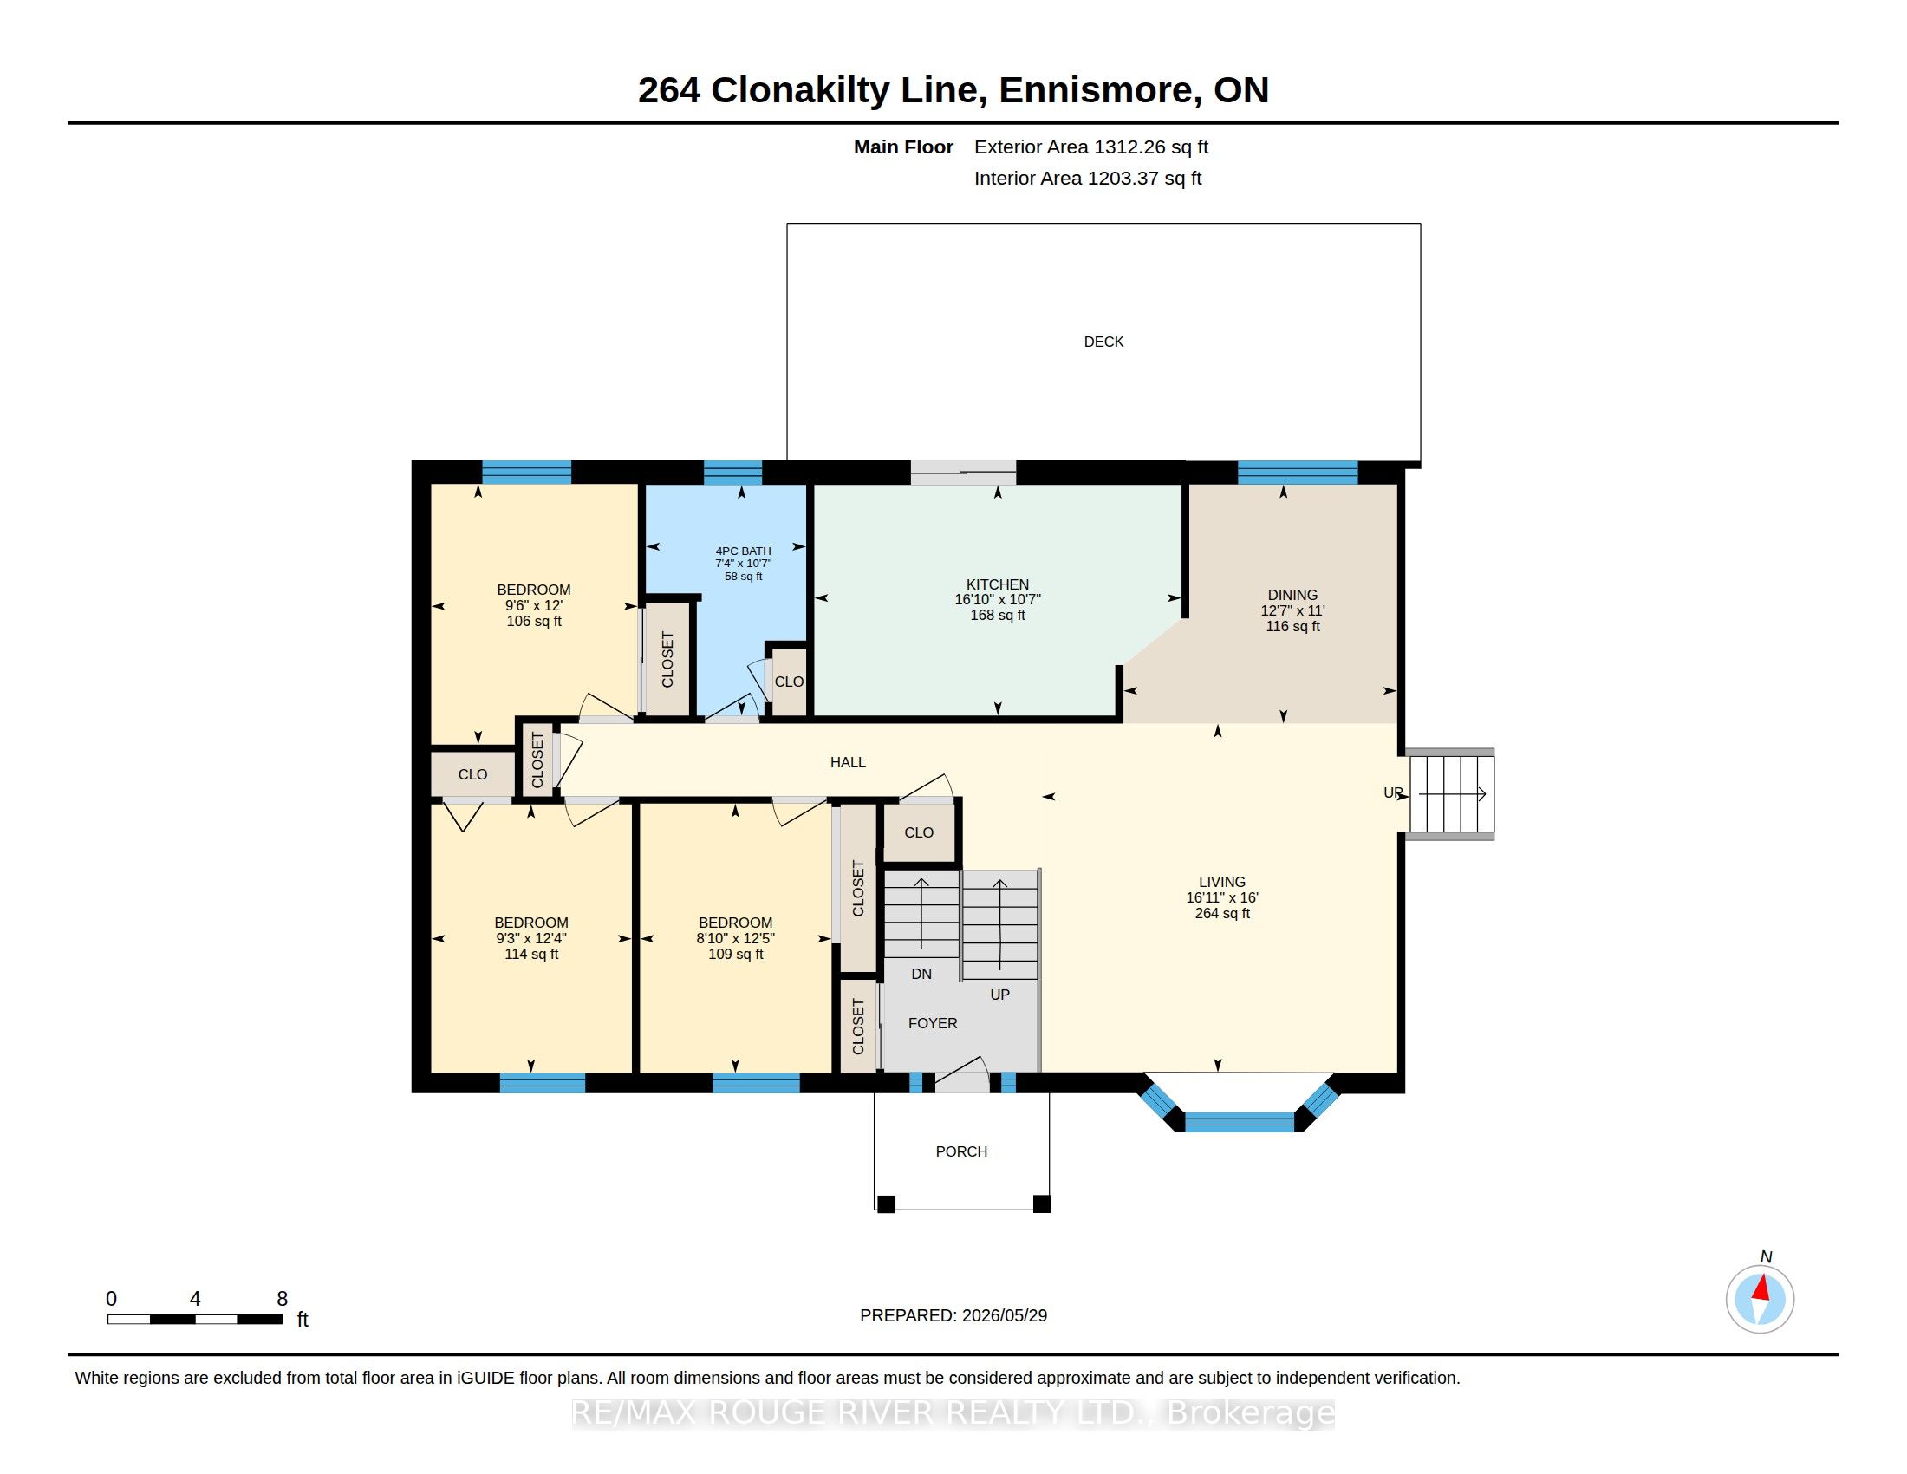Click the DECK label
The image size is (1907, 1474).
tap(1103, 342)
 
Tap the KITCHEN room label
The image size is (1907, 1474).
tap(997, 584)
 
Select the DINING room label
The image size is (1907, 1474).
tap(1292, 595)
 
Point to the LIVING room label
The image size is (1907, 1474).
tap(1221, 882)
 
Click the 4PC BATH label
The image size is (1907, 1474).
tap(743, 551)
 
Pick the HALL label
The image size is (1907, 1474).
tap(848, 762)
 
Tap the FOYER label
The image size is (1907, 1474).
tap(933, 1022)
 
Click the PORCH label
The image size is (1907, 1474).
tap(961, 1151)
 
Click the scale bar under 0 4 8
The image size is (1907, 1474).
tap(195, 1319)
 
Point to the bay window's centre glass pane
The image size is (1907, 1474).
tap(1239, 1122)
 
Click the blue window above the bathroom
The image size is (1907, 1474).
tap(732, 473)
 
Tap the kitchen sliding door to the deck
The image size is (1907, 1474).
tap(963, 473)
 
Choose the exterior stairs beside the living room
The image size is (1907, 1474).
tap(1451, 793)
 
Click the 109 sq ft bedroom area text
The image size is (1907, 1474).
tap(735, 955)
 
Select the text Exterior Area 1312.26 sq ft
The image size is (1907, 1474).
tap(1090, 147)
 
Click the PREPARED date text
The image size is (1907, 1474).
tap(953, 1315)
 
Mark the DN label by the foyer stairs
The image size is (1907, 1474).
tap(921, 974)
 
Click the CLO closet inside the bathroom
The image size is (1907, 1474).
tap(789, 682)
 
